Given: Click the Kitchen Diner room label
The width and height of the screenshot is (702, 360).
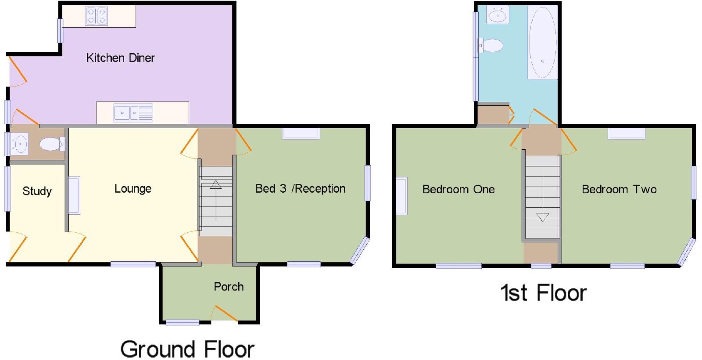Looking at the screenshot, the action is click(120, 58).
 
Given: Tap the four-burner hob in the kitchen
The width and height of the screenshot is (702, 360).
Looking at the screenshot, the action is click(97, 16).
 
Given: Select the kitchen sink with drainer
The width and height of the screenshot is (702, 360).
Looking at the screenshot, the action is click(133, 113).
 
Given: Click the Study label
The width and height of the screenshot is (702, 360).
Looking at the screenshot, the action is click(37, 191).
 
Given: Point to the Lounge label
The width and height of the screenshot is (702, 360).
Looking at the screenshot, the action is click(133, 189).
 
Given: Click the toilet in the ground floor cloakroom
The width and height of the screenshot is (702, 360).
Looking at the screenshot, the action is click(52, 144).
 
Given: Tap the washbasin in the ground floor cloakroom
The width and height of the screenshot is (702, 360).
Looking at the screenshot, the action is click(19, 144).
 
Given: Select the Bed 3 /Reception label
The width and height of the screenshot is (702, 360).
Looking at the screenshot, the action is click(300, 189).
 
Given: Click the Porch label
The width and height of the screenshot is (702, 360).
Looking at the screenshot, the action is click(229, 287).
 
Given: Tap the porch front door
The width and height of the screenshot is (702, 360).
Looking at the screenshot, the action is click(224, 313).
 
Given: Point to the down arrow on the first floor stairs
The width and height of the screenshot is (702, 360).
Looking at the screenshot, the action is click(542, 197).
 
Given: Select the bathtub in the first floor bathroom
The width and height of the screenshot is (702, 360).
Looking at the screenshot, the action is click(542, 42).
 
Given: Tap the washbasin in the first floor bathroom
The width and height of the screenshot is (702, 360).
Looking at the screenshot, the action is click(498, 14).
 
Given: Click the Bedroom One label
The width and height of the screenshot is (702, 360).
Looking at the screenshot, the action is click(458, 189).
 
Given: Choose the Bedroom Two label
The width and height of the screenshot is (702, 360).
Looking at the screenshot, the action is click(619, 189).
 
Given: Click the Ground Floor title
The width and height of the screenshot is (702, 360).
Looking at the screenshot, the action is click(187, 349).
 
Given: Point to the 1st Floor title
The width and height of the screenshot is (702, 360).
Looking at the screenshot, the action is click(543, 293).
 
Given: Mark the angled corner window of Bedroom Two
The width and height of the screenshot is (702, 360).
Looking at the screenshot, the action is click(686, 252).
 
